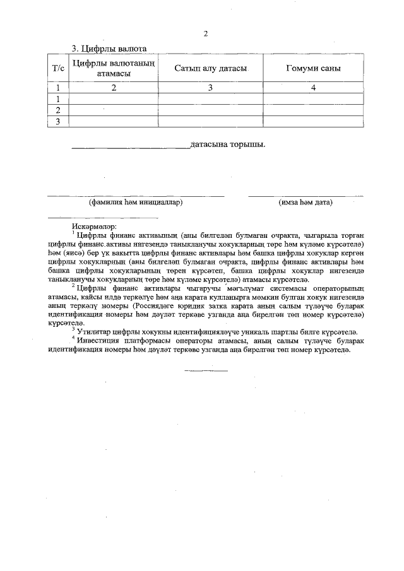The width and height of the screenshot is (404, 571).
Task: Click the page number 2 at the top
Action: pos(205,33)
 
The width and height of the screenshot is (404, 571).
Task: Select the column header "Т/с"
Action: pos(57,68)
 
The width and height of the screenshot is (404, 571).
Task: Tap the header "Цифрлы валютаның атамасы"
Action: pos(114,68)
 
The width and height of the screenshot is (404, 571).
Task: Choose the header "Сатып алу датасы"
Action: pos(210,68)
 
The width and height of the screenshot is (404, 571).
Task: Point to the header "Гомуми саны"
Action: pos(313,68)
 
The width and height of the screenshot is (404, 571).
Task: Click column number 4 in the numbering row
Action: pos(313,88)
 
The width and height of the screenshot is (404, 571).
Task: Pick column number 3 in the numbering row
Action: pos(210,88)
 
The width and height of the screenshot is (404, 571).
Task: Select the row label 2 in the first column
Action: pos(57,110)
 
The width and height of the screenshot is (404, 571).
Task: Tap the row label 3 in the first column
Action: pos(57,121)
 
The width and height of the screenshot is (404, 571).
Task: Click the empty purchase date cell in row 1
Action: pos(210,99)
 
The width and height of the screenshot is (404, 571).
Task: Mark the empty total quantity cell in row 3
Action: pos(313,121)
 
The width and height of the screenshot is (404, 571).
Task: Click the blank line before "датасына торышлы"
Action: pos(129,148)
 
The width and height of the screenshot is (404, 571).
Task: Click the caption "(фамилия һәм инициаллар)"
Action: pos(136,203)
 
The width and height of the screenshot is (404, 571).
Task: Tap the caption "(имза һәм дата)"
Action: pos(306,203)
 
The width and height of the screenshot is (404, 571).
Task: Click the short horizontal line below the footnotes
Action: pos(206,370)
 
